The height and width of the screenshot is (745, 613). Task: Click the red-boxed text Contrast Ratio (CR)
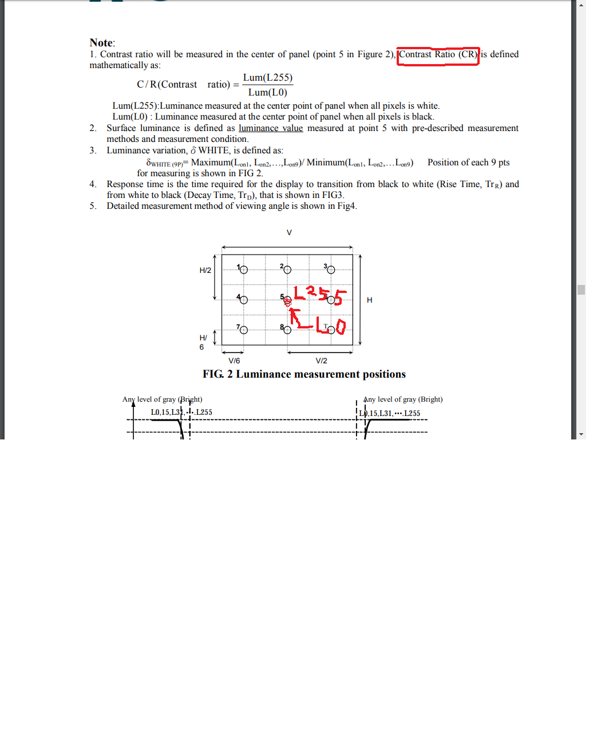pos(438,55)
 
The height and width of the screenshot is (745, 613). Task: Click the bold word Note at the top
pos(101,43)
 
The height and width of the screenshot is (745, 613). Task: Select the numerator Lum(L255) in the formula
pos(267,78)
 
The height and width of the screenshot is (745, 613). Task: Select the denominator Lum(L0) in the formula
pos(267,92)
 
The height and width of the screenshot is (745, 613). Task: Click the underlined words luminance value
pos(270,128)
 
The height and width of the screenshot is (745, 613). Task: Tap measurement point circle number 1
pos(244,270)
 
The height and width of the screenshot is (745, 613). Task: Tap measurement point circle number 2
pos(287,270)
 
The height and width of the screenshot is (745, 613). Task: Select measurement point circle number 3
pos(331,270)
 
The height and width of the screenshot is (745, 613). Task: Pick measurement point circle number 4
pos(244,300)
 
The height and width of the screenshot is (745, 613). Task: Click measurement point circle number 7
pos(244,330)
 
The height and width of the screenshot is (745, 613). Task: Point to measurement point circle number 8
pos(287,330)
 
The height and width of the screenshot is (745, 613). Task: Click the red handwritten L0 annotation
pos(331,326)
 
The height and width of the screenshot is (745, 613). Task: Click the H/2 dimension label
pos(205,271)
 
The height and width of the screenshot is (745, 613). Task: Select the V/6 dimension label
pos(234,361)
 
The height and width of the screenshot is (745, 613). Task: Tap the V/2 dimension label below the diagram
pos(321,361)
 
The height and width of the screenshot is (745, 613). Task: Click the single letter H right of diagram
pos(369,300)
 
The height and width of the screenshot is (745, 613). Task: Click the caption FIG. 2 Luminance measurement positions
pos(304,374)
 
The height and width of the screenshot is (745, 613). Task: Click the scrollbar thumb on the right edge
pos(581,290)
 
